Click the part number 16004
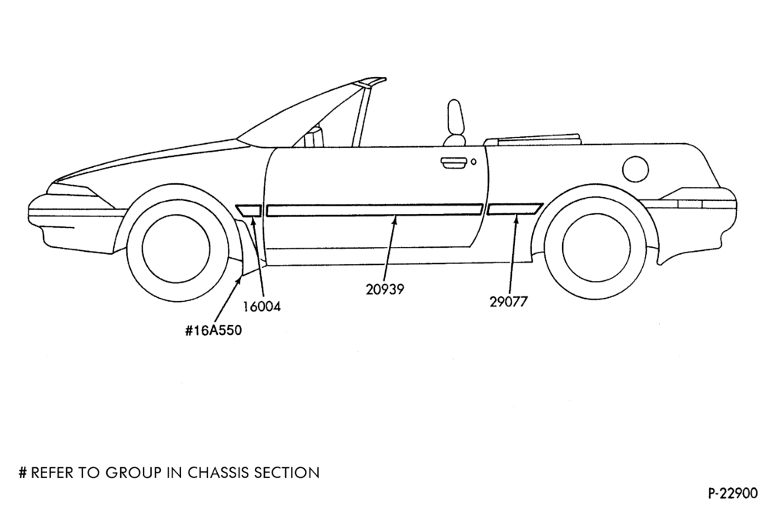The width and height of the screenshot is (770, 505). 263,306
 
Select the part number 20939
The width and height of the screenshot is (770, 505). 385,289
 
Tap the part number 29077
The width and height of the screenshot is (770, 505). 508,302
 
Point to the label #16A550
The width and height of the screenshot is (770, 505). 213,330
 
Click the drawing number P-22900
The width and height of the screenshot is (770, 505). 733,492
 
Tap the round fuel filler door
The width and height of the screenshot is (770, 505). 635,169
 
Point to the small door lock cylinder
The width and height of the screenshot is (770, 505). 474,162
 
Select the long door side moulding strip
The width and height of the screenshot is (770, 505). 374,210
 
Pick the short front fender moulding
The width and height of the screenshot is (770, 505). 249,210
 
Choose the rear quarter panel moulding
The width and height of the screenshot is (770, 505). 514,209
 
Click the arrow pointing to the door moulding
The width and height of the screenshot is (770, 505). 389,249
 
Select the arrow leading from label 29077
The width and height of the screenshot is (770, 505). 513,254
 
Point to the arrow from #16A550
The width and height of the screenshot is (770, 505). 227,299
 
